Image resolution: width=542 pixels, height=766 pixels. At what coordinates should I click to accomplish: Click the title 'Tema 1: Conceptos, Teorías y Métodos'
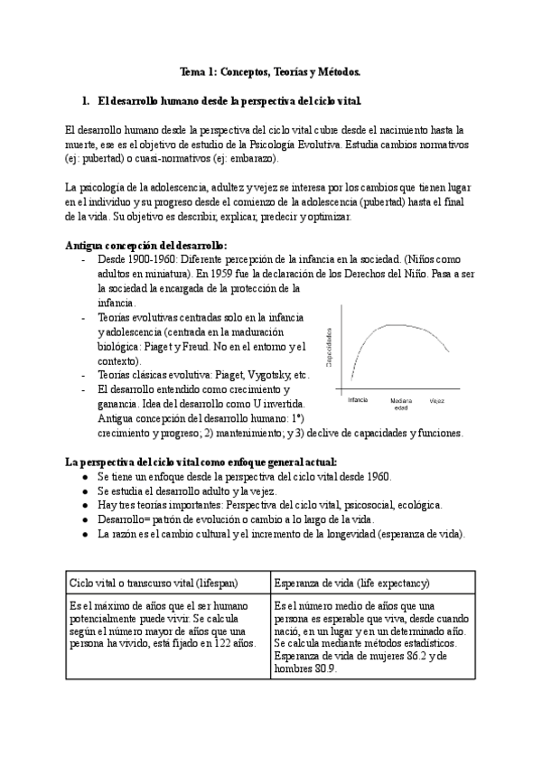(270, 70)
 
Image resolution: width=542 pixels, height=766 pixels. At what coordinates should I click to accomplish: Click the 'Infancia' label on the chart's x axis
(359, 398)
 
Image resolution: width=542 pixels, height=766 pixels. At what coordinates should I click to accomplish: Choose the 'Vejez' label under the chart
(437, 398)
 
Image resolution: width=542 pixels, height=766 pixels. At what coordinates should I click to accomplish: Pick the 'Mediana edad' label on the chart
(401, 403)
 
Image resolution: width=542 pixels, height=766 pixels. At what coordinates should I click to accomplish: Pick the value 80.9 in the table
(322, 670)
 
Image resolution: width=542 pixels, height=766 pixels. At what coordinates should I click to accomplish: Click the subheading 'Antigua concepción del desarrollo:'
(147, 244)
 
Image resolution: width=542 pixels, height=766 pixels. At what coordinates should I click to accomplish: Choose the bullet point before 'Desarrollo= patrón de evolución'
(84, 519)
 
